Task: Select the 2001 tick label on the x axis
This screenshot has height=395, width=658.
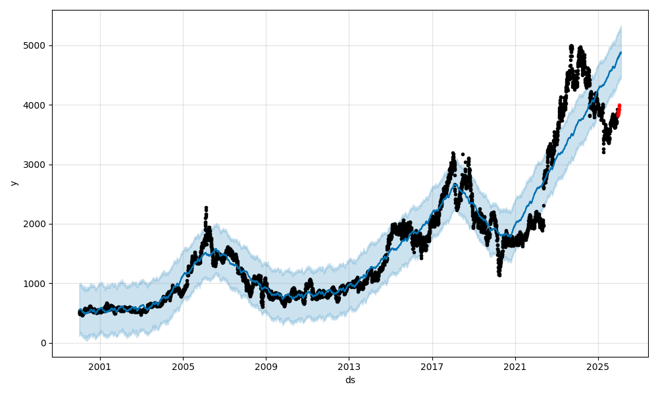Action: click(x=100, y=366)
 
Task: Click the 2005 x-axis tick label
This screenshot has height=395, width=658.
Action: click(x=183, y=366)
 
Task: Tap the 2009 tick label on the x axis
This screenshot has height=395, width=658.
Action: click(x=266, y=366)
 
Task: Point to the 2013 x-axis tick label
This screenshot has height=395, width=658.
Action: click(x=349, y=366)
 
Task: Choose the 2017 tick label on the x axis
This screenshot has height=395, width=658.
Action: click(x=432, y=366)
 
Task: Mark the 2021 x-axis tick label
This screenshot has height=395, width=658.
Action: click(x=515, y=366)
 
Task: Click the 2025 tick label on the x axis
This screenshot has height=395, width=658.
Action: click(x=598, y=366)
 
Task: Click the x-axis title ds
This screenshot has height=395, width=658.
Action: click(x=350, y=380)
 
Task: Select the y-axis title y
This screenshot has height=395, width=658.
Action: click(x=13, y=183)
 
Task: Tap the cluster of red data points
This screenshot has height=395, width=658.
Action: click(x=619, y=111)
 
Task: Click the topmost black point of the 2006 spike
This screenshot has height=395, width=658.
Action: click(x=206, y=208)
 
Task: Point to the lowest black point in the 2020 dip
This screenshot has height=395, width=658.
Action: click(x=499, y=275)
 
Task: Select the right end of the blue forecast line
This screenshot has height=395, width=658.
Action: click(x=620, y=53)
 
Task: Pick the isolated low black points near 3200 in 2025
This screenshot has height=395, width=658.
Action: click(x=603, y=151)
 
